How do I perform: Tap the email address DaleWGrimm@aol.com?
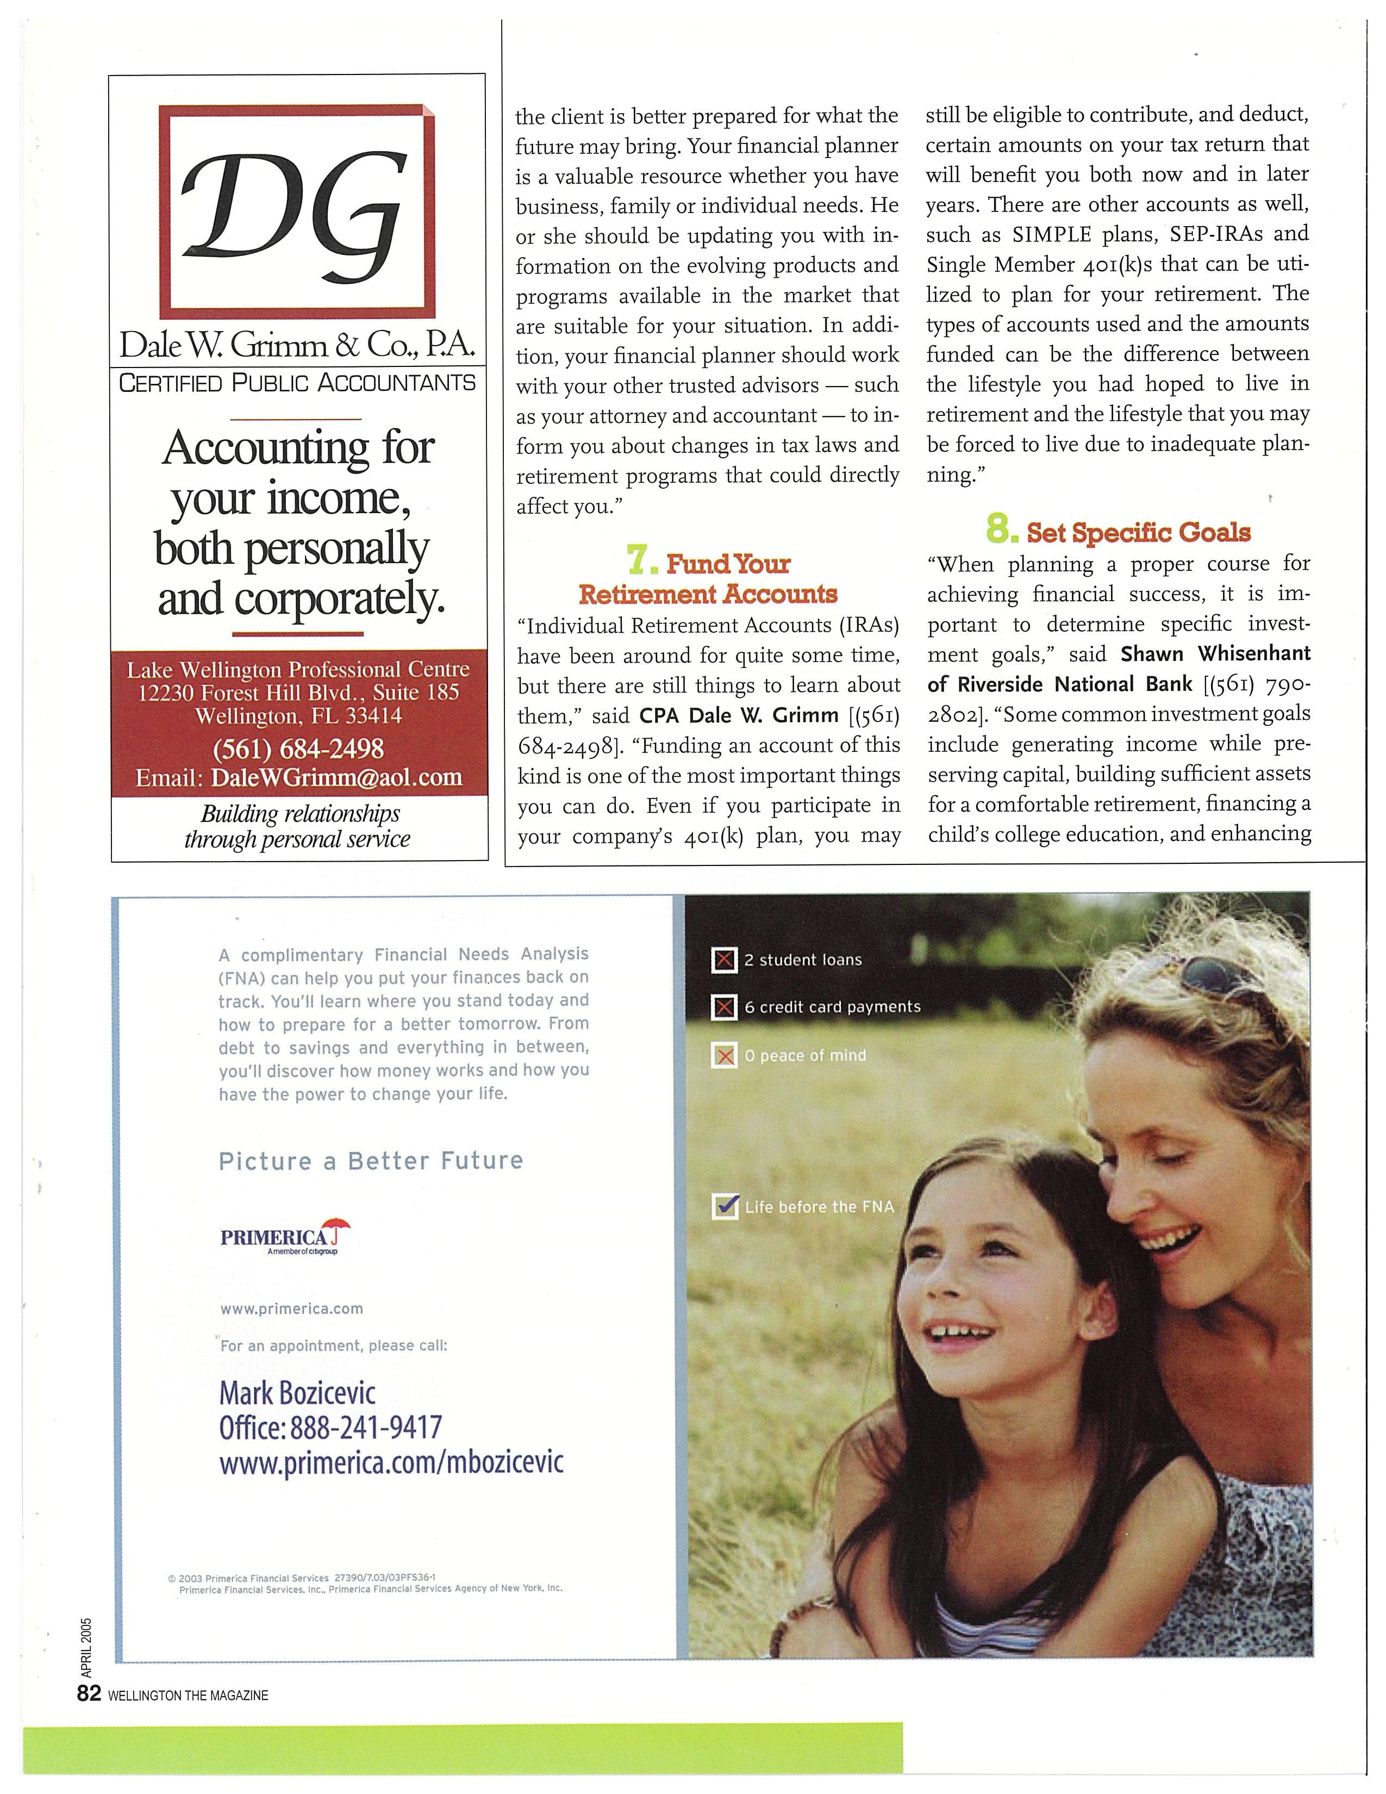coord(336,777)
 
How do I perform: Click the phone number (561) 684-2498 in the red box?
coord(298,749)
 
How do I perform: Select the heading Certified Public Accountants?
coord(297,383)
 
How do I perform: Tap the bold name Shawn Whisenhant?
coord(1215,654)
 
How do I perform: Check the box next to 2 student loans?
coord(723,960)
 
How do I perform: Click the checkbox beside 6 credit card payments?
coord(723,1007)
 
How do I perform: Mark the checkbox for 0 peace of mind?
coord(723,1056)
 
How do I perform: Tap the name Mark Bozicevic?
coord(297,1393)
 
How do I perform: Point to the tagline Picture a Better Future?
coord(370,1161)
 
